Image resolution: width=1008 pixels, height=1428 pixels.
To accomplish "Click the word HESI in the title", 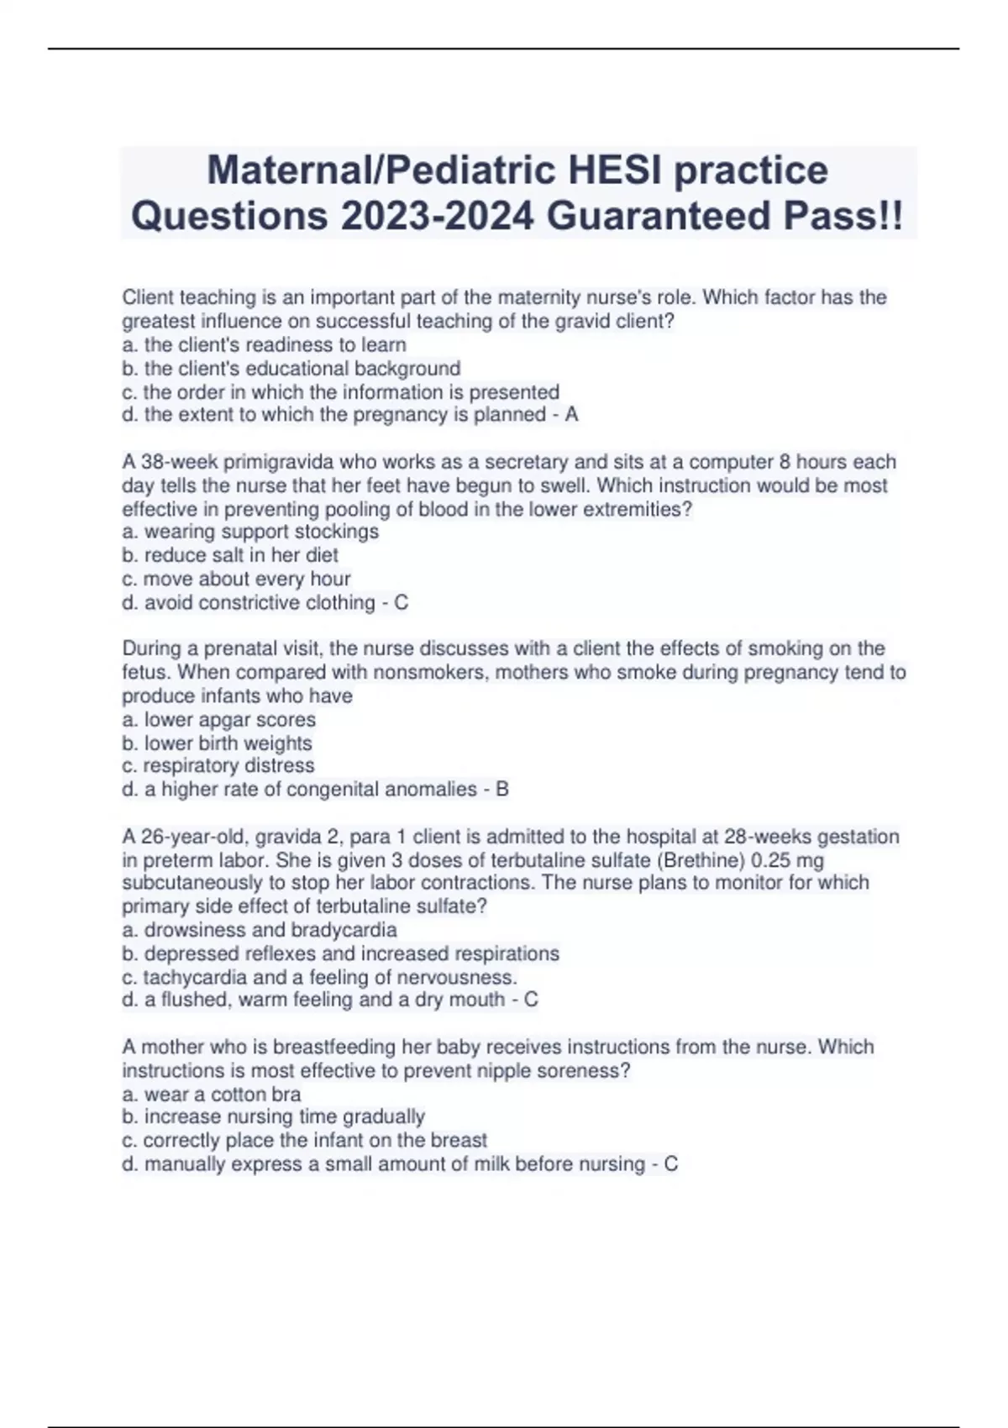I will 615,170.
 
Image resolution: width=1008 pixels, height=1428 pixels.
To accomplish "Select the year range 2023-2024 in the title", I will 437,216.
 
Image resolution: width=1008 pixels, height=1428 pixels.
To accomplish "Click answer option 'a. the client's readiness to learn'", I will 265,344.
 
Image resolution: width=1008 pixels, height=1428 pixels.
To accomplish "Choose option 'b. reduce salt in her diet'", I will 230,555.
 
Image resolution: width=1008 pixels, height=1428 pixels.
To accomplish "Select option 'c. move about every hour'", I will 236,579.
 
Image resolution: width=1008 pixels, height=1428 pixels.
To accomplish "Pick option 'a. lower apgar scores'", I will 219,719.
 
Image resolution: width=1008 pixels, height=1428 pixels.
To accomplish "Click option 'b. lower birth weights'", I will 217,743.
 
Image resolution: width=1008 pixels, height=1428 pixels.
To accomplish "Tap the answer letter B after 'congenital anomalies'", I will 502,789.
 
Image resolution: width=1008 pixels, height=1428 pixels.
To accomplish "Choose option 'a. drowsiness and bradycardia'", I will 260,930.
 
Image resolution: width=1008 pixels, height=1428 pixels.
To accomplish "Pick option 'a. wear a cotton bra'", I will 212,1094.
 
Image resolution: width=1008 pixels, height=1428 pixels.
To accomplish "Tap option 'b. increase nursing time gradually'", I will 274,1116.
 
